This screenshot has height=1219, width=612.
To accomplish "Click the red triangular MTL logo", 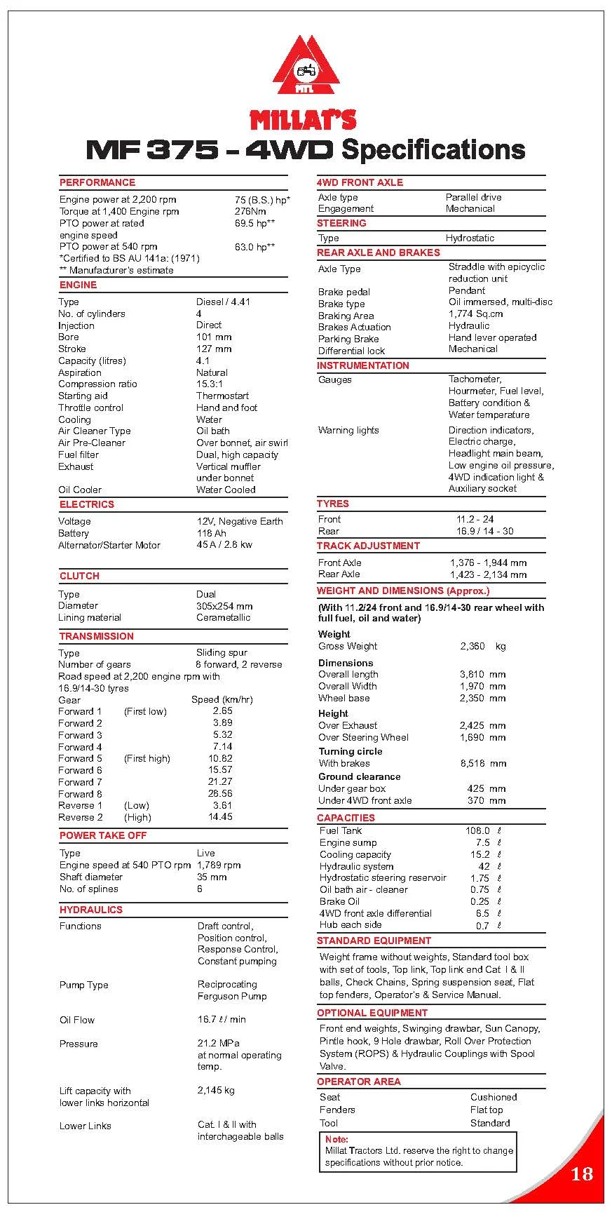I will [305, 68].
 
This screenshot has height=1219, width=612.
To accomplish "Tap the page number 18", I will [581, 1173].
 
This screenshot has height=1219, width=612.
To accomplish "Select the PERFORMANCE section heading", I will [97, 182].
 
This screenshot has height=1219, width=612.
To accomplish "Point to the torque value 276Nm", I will [250, 211].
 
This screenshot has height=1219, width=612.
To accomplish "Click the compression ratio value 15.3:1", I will [210, 384].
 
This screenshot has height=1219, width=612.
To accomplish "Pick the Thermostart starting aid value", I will [222, 396].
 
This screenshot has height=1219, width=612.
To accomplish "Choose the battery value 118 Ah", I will [212, 533].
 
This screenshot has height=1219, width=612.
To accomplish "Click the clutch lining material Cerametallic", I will [223, 617].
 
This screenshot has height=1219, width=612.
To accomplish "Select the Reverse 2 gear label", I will [81, 817].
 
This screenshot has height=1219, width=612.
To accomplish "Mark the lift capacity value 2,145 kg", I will [216, 1090].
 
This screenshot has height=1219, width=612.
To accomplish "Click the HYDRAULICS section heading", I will [91, 910].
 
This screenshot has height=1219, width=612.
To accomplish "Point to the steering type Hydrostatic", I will [470, 238].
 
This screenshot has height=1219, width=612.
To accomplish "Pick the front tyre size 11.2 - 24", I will [475, 519].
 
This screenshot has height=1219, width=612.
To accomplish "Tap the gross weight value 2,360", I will [472, 646].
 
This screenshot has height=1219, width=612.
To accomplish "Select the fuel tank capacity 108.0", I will [477, 830].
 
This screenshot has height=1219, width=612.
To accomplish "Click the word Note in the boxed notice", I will [336, 1139].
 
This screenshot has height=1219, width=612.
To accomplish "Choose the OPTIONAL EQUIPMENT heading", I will [372, 1013].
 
